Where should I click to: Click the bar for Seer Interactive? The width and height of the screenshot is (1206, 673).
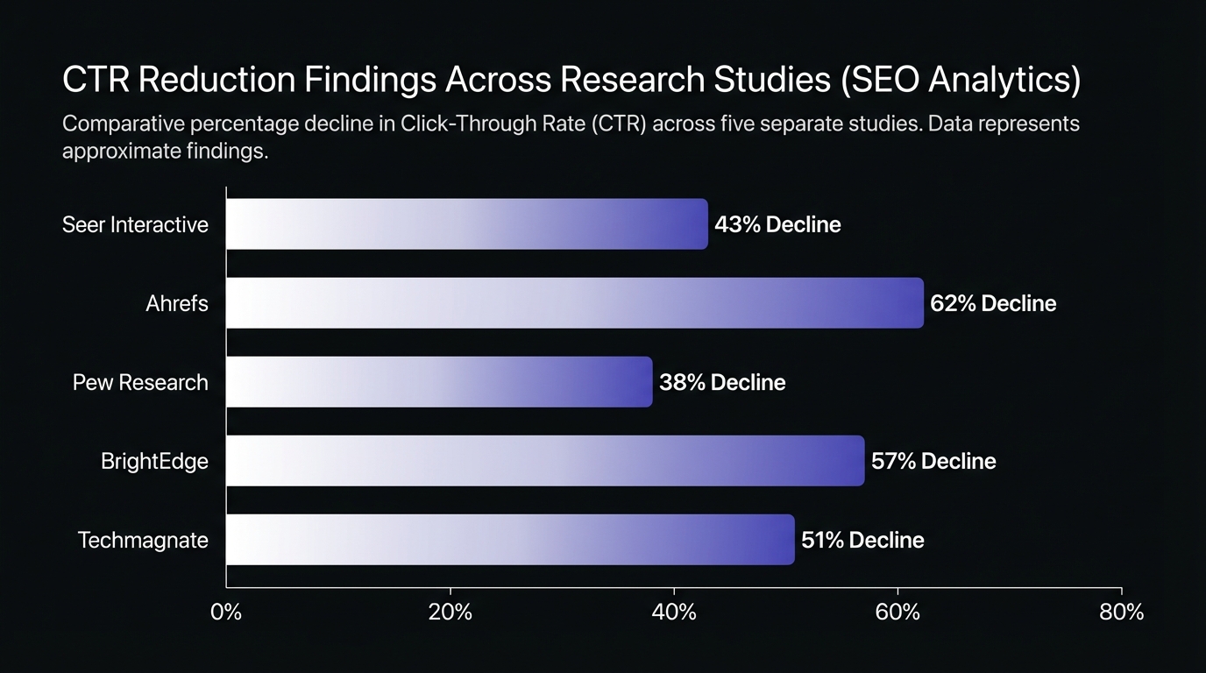click(466, 224)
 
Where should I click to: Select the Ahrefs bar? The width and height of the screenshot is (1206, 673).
click(574, 303)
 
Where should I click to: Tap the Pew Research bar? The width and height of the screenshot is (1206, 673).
click(439, 382)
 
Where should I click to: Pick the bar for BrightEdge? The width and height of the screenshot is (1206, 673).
click(545, 461)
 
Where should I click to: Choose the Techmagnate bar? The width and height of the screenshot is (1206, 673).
click(510, 540)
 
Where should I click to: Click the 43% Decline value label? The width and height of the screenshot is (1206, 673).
click(777, 225)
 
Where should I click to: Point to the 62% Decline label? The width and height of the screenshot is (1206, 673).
click(993, 304)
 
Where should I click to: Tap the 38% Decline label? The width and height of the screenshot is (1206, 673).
click(722, 383)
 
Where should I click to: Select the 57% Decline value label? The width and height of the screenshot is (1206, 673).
click(933, 462)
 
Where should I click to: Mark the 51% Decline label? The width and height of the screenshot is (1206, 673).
click(862, 541)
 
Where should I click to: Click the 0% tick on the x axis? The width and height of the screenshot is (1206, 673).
click(226, 613)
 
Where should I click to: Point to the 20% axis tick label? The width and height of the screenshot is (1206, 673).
click(450, 613)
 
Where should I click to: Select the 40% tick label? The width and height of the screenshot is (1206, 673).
click(674, 613)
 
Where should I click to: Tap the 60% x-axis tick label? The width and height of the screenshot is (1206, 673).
click(898, 613)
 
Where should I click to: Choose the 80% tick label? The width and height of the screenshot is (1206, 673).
click(1122, 613)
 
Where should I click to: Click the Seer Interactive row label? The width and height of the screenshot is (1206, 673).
click(135, 225)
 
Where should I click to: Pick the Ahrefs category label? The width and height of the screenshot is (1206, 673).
click(177, 304)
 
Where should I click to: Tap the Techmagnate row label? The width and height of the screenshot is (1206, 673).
click(143, 541)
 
